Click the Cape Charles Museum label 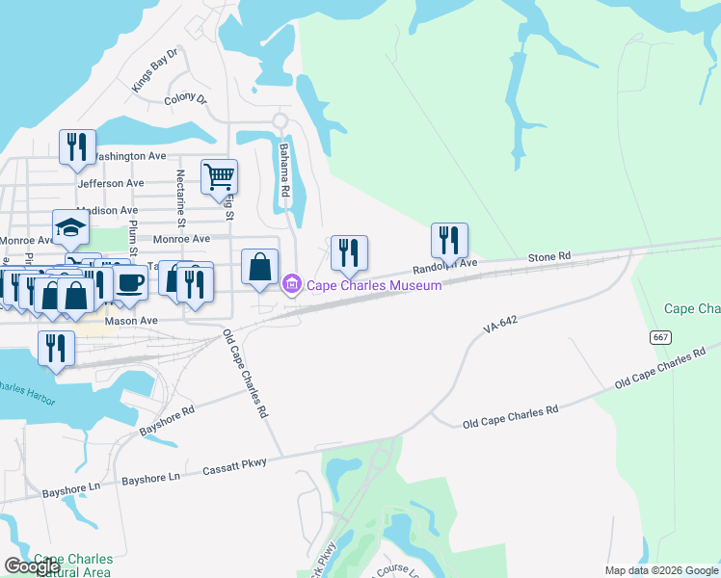click(374, 285)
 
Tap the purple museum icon click(291, 285)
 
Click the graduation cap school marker click(71, 228)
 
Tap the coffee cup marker click(130, 283)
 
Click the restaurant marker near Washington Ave click(77, 147)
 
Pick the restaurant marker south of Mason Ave click(57, 348)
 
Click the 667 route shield click(660, 336)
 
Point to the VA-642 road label click(501, 328)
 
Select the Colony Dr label click(186, 99)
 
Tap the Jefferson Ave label click(110, 183)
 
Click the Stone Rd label click(549, 257)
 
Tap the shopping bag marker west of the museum click(260, 268)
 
